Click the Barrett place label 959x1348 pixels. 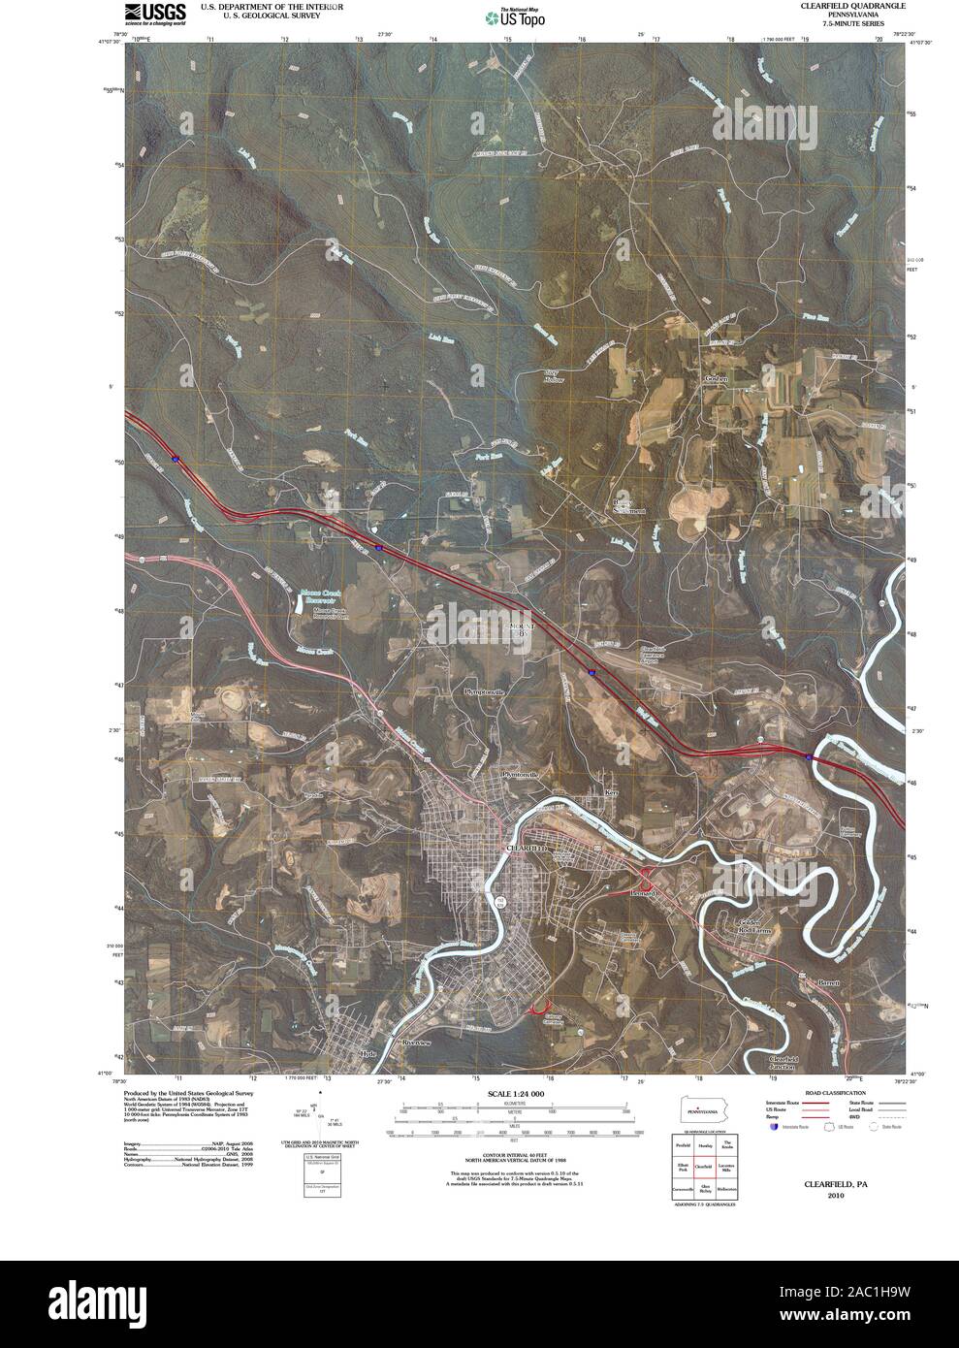click(826, 983)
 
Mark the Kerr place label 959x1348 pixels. click(611, 792)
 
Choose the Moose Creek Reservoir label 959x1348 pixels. click(324, 594)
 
